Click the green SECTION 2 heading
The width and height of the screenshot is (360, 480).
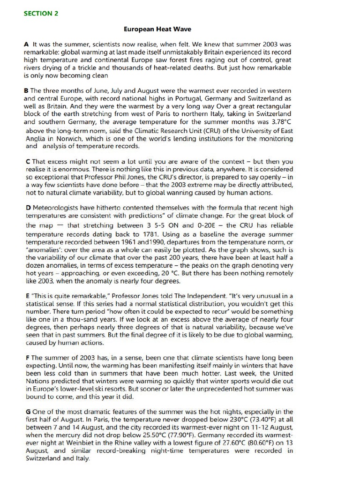click(41, 14)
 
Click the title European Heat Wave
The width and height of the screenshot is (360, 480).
click(157, 29)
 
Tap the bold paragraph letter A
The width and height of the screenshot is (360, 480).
click(26, 44)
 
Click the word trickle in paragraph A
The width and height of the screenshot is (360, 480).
click(89, 67)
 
